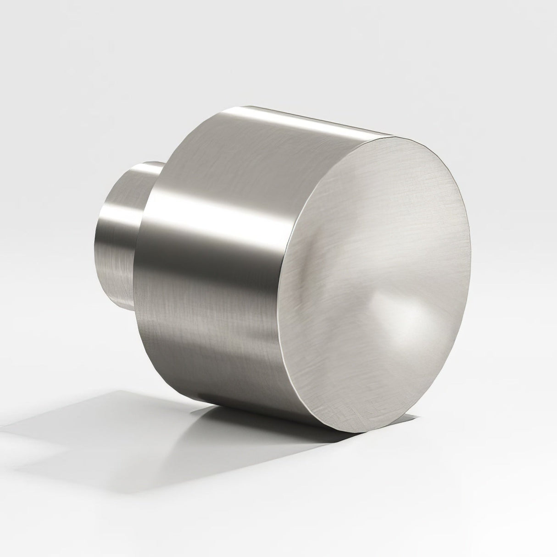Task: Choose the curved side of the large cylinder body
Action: click(x=229, y=229)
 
